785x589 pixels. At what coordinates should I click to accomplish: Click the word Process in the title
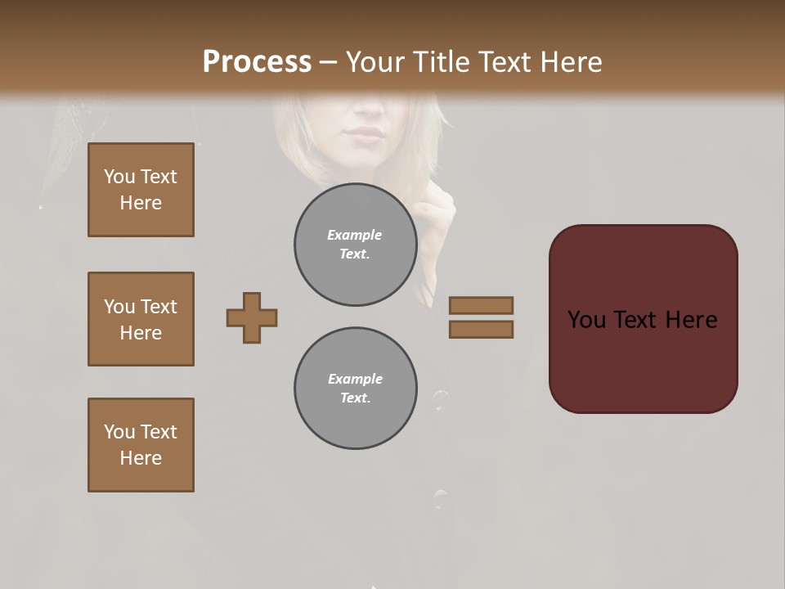[257, 62]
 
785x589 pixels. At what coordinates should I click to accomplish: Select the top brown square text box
[141, 190]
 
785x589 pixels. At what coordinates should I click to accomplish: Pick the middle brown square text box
[141, 319]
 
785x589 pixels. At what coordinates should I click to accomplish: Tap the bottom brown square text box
[141, 445]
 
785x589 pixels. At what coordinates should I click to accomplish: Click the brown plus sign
[252, 317]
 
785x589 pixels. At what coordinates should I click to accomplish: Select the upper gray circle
[355, 245]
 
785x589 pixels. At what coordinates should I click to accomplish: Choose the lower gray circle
[355, 389]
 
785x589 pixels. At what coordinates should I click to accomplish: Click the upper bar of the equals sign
[482, 305]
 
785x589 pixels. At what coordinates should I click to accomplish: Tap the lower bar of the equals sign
[482, 329]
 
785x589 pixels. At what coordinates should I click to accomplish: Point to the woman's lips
[364, 133]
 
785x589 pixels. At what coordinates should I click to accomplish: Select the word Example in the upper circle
[355, 235]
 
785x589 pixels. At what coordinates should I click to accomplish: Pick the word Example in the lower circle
[355, 379]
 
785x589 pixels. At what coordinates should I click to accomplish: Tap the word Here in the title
[571, 62]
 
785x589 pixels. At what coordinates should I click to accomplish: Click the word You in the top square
[119, 177]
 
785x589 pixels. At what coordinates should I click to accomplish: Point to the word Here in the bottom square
[141, 458]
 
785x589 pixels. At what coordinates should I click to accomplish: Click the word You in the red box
[586, 320]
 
